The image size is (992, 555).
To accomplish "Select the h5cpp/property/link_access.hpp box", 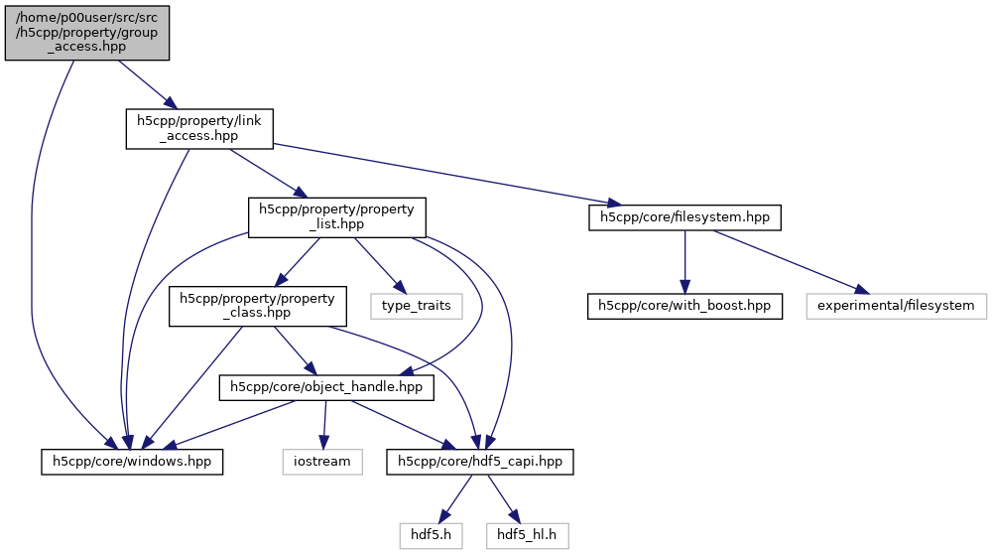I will (198, 129).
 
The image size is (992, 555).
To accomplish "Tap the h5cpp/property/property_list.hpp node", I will (337, 217).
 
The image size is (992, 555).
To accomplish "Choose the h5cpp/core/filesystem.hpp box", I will (685, 217).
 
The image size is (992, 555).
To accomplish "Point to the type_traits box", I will (416, 305).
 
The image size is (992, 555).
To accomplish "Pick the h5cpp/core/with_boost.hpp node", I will (684, 305).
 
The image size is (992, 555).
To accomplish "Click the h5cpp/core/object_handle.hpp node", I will (327, 387).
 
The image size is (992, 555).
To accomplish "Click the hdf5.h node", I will (433, 534).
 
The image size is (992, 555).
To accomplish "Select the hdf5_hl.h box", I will (528, 534).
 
